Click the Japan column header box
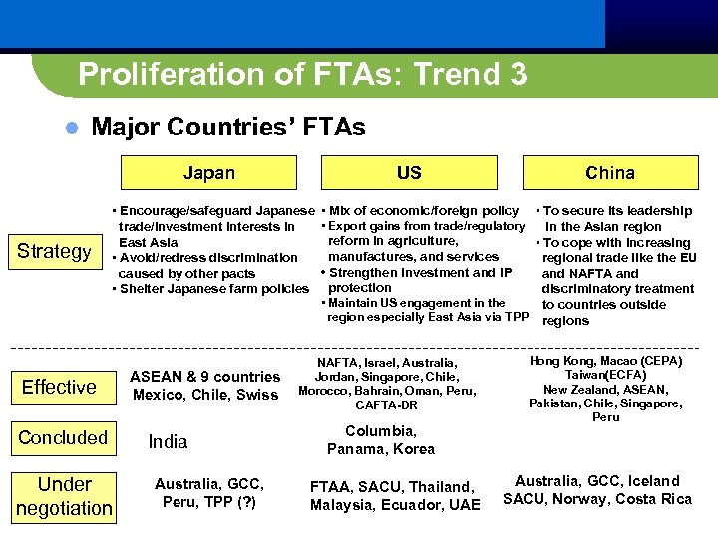click(x=209, y=173)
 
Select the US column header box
click(x=409, y=173)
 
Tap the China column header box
click(x=609, y=173)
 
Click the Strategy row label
click(x=54, y=251)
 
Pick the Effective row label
click(x=59, y=387)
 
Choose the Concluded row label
click(x=63, y=437)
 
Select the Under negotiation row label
click(x=64, y=496)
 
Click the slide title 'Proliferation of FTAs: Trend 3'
click(x=302, y=74)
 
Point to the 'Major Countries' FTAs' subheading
click(x=227, y=128)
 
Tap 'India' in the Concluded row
click(x=168, y=441)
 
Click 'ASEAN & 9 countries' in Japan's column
click(x=205, y=377)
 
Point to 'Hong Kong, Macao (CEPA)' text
click(x=605, y=361)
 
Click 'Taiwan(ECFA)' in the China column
click(x=605, y=375)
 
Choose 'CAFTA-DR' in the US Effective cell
click(x=386, y=405)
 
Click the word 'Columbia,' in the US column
click(x=380, y=431)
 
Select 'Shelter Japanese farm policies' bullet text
click(x=213, y=289)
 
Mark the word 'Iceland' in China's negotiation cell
click(x=654, y=481)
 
